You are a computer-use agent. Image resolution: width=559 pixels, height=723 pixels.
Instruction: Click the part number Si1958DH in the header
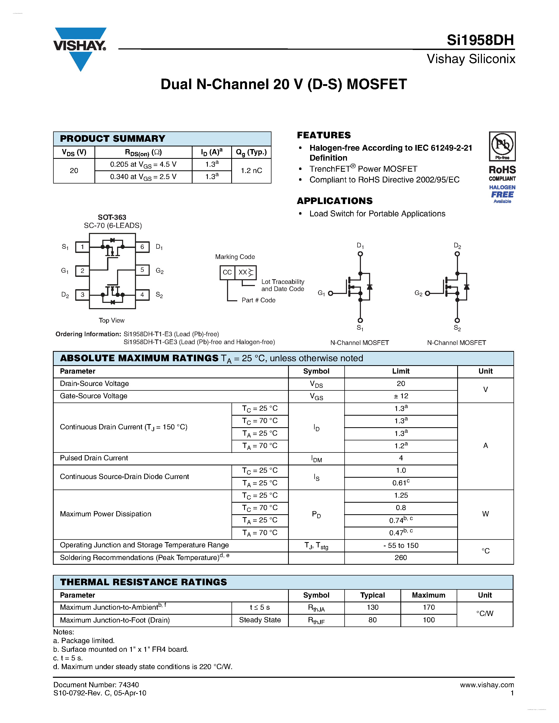pyautogui.click(x=480, y=40)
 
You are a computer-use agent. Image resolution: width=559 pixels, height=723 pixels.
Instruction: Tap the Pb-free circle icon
pyautogui.click(x=502, y=144)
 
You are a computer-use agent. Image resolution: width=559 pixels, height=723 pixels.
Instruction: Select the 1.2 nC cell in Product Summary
pyautogui.click(x=251, y=170)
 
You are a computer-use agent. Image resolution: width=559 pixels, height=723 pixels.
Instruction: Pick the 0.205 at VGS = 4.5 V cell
pyautogui.click(x=143, y=165)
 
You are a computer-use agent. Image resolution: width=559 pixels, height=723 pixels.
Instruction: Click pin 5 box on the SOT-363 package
pyautogui.click(x=142, y=270)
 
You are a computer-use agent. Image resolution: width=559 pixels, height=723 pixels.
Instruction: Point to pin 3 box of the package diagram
pyautogui.click(x=82, y=295)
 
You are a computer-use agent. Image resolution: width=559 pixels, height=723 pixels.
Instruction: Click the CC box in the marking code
pyautogui.click(x=227, y=272)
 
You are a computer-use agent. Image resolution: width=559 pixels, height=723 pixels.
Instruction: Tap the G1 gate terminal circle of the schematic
pyautogui.click(x=330, y=293)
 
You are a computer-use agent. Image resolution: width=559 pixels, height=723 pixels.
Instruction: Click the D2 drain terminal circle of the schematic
pyautogui.click(x=457, y=254)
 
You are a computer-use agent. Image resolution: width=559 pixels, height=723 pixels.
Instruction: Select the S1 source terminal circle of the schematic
pyautogui.click(x=360, y=320)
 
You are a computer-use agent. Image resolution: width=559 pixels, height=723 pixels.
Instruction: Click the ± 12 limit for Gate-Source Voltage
pyautogui.click(x=401, y=396)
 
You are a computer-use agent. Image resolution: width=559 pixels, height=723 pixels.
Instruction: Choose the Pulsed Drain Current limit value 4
pyautogui.click(x=401, y=458)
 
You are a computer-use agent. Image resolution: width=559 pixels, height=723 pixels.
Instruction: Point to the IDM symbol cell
pyautogui.click(x=316, y=459)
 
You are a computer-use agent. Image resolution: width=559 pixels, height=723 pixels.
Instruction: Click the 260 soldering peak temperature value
pyautogui.click(x=401, y=558)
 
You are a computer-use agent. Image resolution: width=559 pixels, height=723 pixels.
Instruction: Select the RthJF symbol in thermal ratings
pyautogui.click(x=316, y=621)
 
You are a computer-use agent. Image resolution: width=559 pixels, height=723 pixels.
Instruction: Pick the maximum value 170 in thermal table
pyautogui.click(x=429, y=608)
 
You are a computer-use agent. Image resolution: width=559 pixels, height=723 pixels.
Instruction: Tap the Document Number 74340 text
pyautogui.click(x=96, y=685)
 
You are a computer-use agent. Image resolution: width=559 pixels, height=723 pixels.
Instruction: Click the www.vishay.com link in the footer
pyautogui.click(x=487, y=685)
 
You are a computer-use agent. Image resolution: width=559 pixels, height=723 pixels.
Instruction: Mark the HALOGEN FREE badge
pyautogui.click(x=502, y=194)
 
